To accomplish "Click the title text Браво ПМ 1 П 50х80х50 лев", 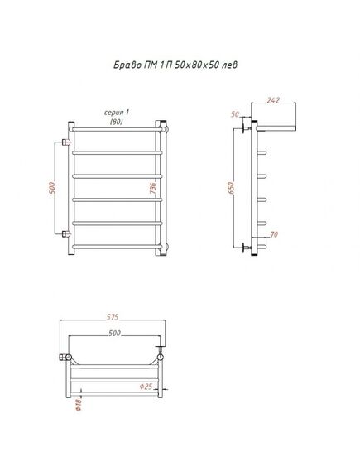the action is (175, 65).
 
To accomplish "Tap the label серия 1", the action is (116, 113).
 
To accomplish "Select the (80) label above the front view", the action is (116, 122).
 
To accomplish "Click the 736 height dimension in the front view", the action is (153, 188).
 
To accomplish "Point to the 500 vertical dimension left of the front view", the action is (52, 187).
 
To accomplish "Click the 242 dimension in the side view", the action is (273, 100).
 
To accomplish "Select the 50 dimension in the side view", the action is (235, 114).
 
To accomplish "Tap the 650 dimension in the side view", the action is (231, 188).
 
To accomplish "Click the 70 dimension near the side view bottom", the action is (274, 234).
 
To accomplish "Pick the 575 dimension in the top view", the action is (113, 317).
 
